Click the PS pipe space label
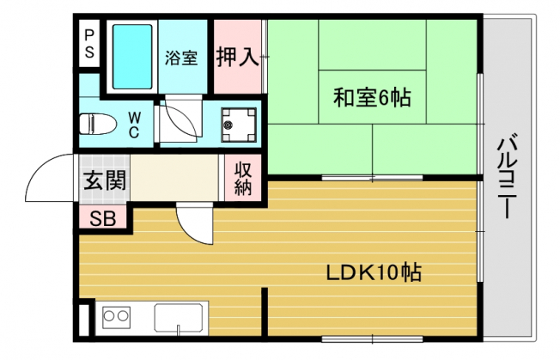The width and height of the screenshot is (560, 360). pos(89,44)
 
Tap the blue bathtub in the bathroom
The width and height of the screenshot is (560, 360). pos(132,57)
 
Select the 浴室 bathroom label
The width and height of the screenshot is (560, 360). pos(181,58)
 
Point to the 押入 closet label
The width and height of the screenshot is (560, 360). pos(238,57)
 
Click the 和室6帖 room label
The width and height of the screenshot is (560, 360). pos(372,97)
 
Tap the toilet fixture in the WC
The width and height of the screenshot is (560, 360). pos(98,124)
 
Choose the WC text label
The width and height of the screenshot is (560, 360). pos(134,125)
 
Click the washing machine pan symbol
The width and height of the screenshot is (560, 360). pos(238,125)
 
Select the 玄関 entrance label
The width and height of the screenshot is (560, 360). pos(105,180)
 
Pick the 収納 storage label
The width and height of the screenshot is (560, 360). pos(243,179)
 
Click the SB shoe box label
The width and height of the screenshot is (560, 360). pos(103,218)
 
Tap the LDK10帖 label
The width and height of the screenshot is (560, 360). pos(374,273)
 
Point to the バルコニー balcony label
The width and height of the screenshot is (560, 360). pos(507,175)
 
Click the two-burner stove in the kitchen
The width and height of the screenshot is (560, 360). pos(116,317)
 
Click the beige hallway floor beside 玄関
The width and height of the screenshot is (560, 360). pos(174,178)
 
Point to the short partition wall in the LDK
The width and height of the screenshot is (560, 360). pos(265,312)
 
